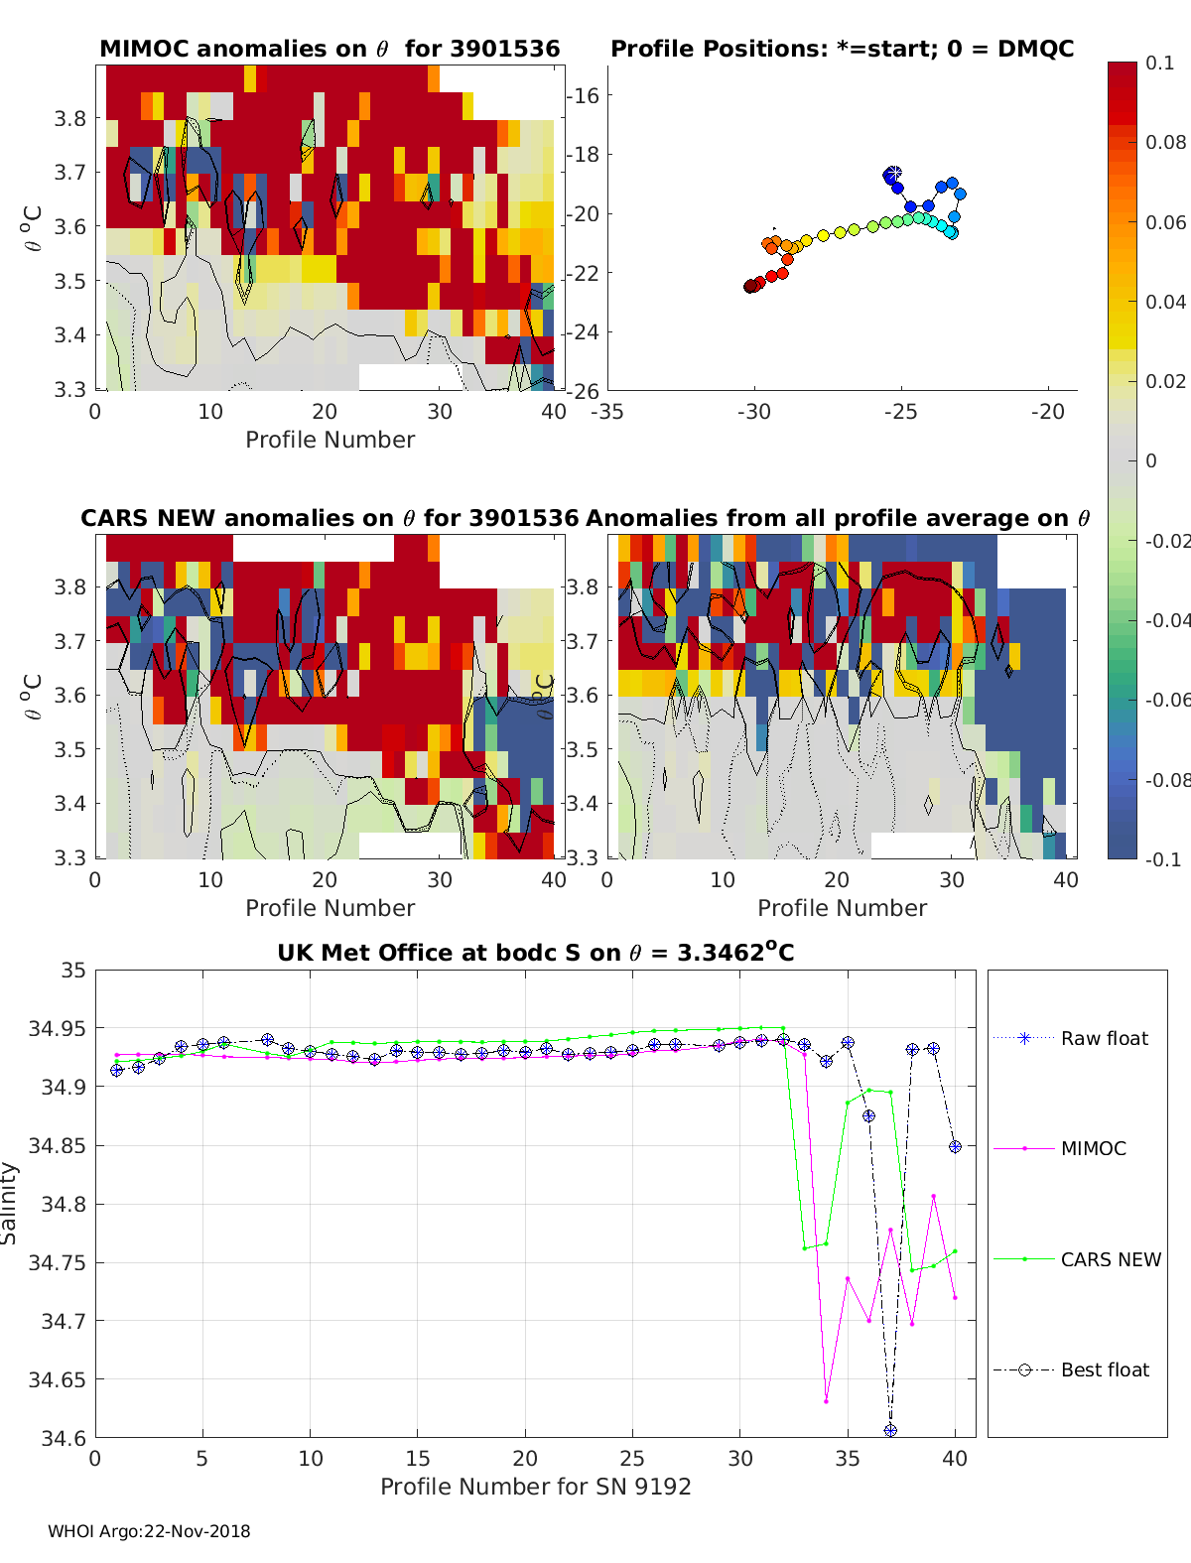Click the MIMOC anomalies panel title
(330, 49)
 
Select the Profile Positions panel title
(842, 49)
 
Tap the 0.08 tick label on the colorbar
(1165, 142)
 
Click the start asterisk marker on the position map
(893, 174)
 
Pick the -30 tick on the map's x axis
(753, 412)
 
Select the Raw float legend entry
(1104, 1038)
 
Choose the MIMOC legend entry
(1093, 1148)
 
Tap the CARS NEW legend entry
(1111, 1259)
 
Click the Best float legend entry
(1105, 1369)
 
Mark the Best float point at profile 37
(890, 1430)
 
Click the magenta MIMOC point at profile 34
(826, 1401)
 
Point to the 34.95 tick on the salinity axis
(58, 1028)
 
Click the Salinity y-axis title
(10, 1203)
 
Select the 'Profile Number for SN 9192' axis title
(535, 1487)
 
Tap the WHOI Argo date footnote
(149, 1531)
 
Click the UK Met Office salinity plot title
(535, 953)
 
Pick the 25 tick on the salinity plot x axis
(632, 1458)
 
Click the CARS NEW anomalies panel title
(330, 518)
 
